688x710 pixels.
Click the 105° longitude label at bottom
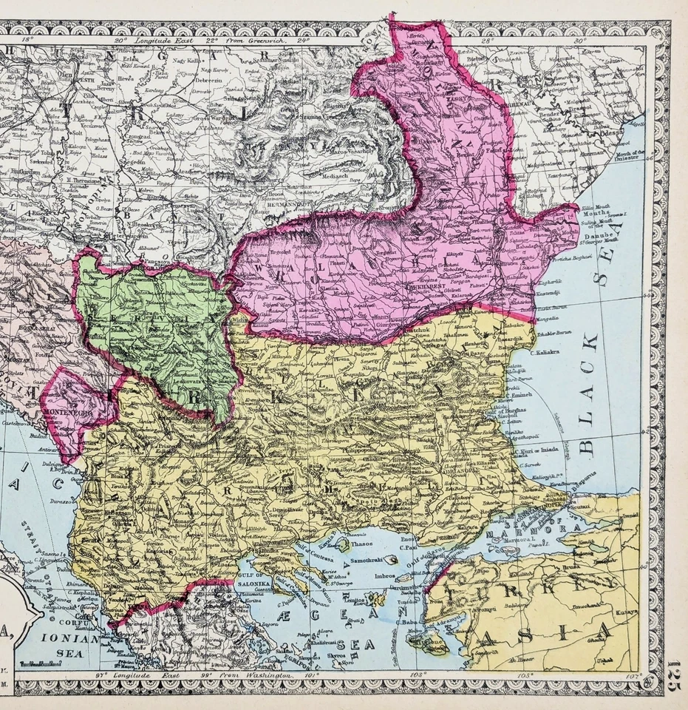pos(525,675)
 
